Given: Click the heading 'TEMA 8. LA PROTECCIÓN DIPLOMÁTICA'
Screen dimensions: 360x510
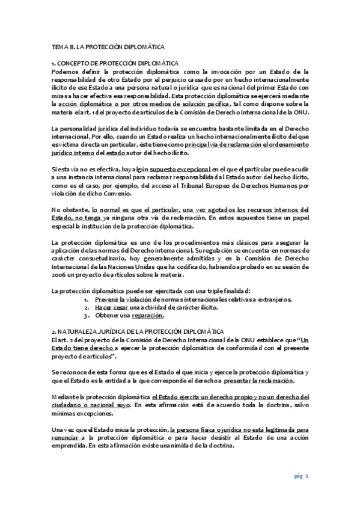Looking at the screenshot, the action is pos(108,46).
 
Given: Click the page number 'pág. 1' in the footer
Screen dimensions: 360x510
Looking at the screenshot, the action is pos(301,476).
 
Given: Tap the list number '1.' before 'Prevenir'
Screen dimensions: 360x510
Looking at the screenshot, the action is pos(87,299).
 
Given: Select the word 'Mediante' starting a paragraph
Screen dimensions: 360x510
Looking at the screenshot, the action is pos(66,397).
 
